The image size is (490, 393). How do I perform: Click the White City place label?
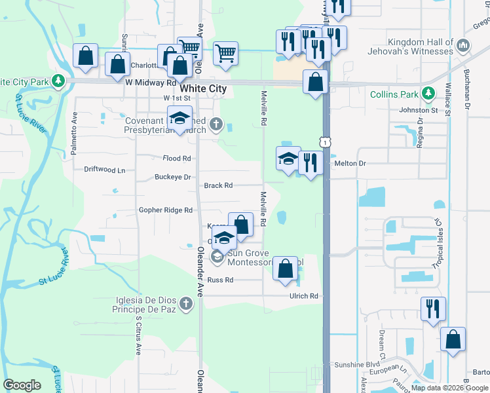pos(203,88)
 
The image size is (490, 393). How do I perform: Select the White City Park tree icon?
pos(58,81)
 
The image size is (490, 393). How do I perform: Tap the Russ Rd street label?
pos(220,280)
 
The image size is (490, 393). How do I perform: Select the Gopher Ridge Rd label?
pos(166,210)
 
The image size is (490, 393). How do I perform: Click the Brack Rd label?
pos(218,185)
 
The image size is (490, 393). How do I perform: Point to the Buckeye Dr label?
pos(172,177)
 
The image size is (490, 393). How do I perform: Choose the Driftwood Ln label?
pos(104,170)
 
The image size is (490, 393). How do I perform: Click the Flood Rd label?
pos(176,159)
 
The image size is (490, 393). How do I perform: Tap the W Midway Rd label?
pos(151,83)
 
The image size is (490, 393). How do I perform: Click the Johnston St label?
pos(417,111)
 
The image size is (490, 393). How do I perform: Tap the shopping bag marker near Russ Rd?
pos(285,268)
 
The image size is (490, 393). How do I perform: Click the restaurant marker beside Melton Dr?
pos(311,162)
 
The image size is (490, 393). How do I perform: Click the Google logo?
pos(22,385)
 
